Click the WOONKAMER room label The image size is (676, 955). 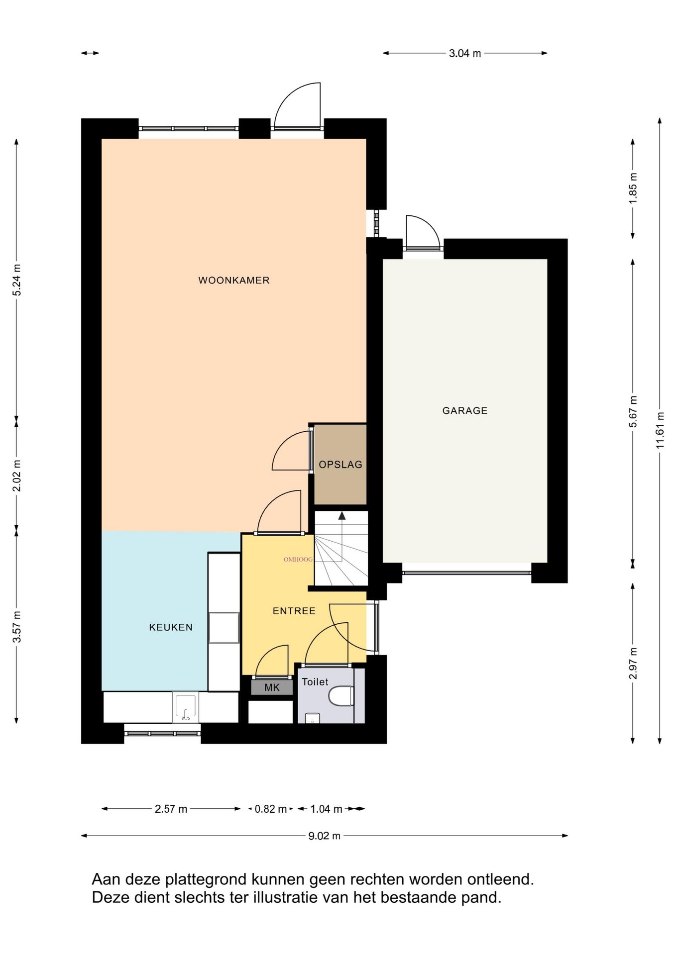pos(234,280)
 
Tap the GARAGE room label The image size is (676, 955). pos(465,410)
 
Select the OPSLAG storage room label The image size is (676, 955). pos(340,464)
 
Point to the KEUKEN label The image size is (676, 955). pos(171,627)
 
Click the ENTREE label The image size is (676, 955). pos(294,611)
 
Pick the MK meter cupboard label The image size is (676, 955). pos(272,687)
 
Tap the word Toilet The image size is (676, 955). pos(315,682)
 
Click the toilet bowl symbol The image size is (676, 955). pos(341,696)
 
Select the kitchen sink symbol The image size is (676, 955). pos(186,707)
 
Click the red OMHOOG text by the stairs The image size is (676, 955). pos(298,560)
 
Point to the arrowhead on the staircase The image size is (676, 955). pos(342,516)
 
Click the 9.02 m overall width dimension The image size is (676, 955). pos(325,836)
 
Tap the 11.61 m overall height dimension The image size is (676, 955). pos(660,431)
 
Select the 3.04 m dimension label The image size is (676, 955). pos(465,53)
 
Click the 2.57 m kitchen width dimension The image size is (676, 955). pos(171,809)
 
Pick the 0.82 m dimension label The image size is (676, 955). pos(271,809)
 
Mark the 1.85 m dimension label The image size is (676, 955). pos(633,188)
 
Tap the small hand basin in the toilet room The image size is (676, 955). pos(312,718)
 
